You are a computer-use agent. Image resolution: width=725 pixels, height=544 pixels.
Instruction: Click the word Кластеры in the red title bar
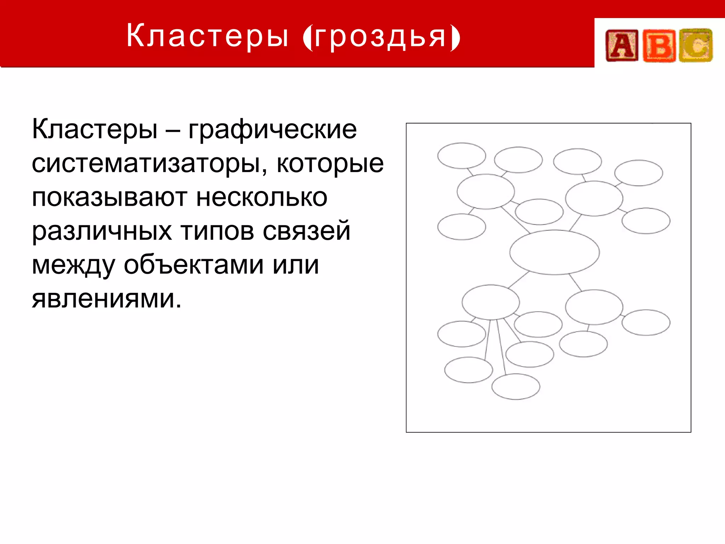[207, 35]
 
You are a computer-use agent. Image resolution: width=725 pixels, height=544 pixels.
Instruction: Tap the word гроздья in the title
[381, 37]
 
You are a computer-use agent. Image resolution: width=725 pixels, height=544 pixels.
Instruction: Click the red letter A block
[622, 45]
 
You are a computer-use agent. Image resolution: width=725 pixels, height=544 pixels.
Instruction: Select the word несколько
[262, 197]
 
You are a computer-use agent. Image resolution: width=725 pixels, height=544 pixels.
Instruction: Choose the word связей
[306, 231]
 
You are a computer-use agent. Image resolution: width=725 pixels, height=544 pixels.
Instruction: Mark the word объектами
[193, 265]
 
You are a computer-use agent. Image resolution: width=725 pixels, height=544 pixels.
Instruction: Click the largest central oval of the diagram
[554, 252]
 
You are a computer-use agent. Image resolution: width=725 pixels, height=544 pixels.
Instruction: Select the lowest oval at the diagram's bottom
[516, 387]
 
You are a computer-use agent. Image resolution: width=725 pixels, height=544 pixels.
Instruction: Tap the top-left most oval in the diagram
[461, 156]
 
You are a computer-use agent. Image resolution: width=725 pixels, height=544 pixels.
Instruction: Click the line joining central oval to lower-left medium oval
[519, 279]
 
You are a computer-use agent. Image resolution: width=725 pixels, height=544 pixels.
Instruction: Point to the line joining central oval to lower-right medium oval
[575, 282]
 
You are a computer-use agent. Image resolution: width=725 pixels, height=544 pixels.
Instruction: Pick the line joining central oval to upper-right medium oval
[576, 223]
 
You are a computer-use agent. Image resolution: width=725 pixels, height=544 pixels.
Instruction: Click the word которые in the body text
[330, 164]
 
